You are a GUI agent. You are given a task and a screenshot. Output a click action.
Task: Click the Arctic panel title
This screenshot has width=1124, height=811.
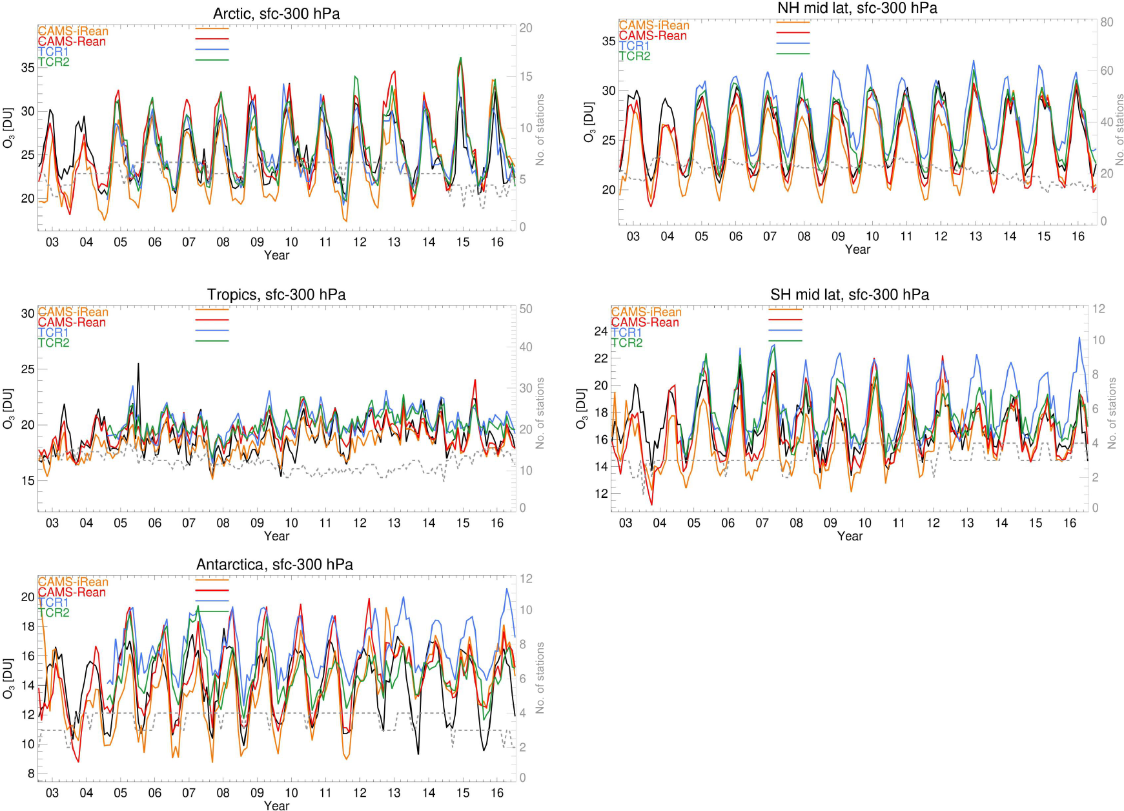coord(276,14)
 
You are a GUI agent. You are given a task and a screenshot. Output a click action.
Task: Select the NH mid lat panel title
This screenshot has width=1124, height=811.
coord(857,8)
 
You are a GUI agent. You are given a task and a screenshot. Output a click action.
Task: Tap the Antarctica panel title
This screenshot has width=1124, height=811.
coord(274,564)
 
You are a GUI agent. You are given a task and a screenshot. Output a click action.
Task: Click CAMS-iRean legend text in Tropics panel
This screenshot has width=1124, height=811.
coord(73,312)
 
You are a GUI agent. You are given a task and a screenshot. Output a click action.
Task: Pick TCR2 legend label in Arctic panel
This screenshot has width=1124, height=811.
coord(54,62)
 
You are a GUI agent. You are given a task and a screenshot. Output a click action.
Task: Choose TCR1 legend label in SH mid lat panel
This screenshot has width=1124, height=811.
coord(626,333)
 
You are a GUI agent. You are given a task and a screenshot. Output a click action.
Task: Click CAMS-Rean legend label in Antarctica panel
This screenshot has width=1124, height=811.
coord(72,592)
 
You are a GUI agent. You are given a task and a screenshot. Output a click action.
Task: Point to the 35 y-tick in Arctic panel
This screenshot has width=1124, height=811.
coord(28,67)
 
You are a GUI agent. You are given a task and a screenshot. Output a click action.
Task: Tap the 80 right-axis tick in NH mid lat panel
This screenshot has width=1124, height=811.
coord(1107,22)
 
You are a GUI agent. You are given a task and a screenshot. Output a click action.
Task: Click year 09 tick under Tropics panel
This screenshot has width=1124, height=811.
coord(257,523)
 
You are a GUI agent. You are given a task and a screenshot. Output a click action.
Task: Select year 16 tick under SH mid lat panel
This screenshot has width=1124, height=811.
coord(1070,523)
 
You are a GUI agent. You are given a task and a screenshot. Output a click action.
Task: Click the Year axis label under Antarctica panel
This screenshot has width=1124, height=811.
coord(276,805)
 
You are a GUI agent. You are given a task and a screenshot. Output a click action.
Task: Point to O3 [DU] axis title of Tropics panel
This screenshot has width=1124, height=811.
coord(8,408)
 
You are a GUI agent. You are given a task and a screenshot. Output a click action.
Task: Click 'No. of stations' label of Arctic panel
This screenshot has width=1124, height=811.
coord(540,129)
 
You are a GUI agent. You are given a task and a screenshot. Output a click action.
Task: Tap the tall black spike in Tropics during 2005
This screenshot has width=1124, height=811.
coord(138,364)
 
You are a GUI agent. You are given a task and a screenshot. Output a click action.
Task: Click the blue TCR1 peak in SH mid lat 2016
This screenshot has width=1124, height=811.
coord(1078,338)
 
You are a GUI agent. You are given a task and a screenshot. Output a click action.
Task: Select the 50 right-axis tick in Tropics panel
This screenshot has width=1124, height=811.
coord(526,309)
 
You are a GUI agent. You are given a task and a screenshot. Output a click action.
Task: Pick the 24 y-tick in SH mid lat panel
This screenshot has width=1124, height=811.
coord(600,331)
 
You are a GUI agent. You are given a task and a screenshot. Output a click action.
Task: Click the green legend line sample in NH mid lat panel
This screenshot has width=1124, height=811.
coord(793,54)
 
